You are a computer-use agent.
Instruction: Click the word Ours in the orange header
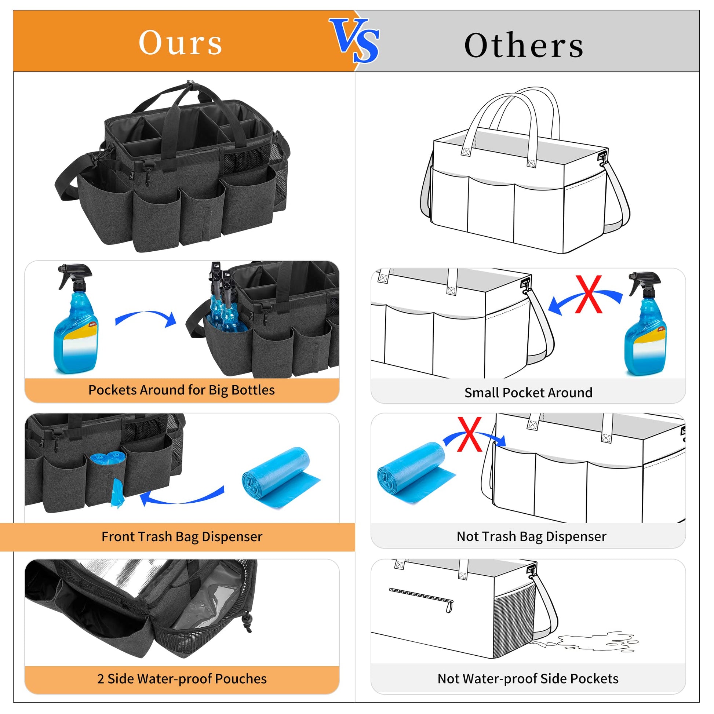point(181,43)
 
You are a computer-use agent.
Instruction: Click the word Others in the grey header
point(524,45)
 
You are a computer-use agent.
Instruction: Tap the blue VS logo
point(355,41)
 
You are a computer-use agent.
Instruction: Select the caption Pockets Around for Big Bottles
point(182,390)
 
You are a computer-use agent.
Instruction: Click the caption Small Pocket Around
point(528,393)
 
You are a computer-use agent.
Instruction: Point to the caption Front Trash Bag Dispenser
point(182,537)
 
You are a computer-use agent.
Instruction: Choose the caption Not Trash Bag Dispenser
point(531,536)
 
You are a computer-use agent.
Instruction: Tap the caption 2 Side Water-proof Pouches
point(182,678)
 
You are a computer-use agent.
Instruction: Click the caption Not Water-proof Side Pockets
point(528,678)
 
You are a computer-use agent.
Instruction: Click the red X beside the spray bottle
point(589,294)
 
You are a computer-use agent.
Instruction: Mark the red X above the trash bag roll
point(469,434)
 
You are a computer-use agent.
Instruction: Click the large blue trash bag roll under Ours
point(281,478)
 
